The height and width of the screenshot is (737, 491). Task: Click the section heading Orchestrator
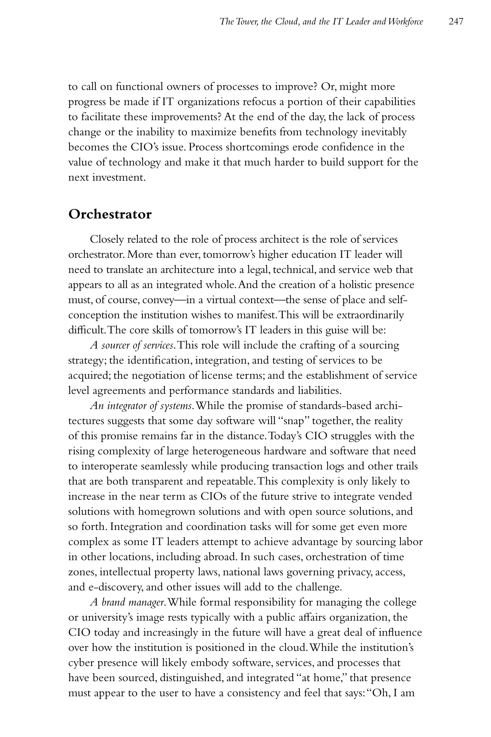point(110,215)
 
